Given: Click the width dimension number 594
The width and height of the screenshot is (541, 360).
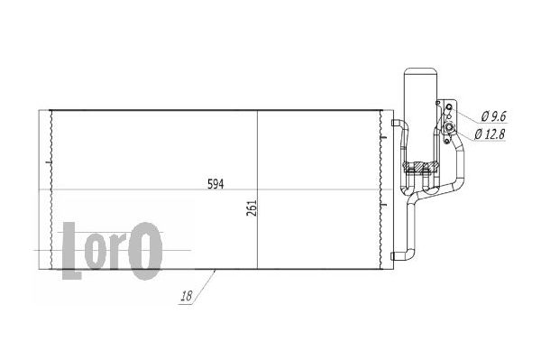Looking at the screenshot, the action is (x=215, y=184).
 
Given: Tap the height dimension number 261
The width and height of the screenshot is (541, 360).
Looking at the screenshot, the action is (x=252, y=208).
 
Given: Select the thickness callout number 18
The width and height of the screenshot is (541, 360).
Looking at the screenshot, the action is (x=187, y=296).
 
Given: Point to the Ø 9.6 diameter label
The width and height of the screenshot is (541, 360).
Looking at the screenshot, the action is (x=494, y=116).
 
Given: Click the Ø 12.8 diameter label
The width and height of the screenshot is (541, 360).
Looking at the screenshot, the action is (x=490, y=134).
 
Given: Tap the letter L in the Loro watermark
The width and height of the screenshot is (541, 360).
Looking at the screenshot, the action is (x=71, y=250).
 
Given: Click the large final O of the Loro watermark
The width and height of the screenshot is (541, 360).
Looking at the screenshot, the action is (x=145, y=251).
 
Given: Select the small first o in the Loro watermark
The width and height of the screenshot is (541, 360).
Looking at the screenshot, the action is (x=96, y=251).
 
